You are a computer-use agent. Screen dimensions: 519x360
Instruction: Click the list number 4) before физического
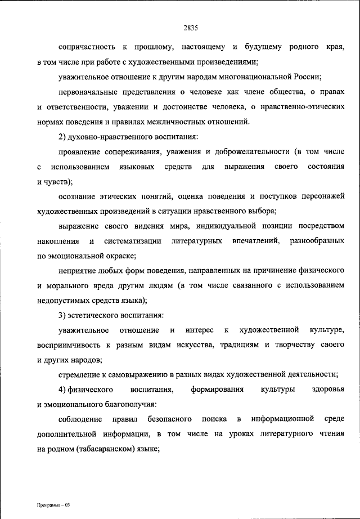(x=62, y=390)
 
